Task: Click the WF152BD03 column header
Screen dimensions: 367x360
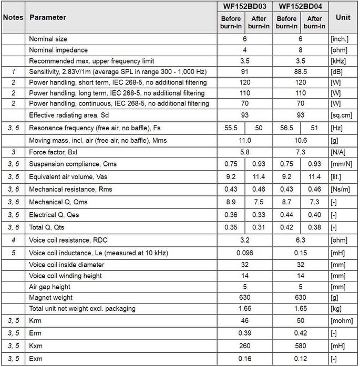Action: point(244,6)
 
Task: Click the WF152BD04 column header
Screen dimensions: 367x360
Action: point(300,6)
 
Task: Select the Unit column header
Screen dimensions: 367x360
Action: point(343,17)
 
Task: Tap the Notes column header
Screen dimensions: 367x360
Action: point(13,17)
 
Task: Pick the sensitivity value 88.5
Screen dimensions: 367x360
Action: point(300,72)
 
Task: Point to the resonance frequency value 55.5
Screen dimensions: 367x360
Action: point(231,128)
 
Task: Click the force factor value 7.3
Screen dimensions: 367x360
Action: point(300,151)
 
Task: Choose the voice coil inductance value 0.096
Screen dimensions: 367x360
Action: point(244,253)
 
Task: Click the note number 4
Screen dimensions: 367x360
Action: point(13,240)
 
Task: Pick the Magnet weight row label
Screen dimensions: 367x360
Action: point(52,298)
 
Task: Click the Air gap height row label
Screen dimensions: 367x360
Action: point(54,287)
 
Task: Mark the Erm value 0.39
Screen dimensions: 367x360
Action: point(244,332)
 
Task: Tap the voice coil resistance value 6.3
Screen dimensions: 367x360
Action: point(300,240)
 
